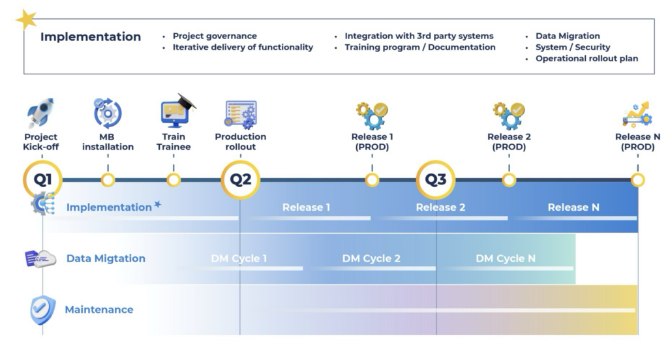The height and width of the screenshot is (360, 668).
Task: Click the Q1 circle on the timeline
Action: (x=42, y=180)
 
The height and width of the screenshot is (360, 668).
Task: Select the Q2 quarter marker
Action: (x=240, y=180)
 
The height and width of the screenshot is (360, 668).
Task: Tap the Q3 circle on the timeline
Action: (x=435, y=180)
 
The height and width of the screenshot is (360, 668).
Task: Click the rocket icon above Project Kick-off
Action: (x=40, y=113)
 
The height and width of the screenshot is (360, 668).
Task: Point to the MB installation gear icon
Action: (x=108, y=113)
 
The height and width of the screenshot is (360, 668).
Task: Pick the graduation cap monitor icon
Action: (x=177, y=111)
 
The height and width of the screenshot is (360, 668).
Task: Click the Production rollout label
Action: (x=240, y=142)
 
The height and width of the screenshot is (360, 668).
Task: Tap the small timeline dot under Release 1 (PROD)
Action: (x=372, y=180)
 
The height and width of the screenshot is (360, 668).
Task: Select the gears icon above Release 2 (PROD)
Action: (x=509, y=115)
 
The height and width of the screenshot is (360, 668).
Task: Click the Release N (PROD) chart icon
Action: (x=637, y=115)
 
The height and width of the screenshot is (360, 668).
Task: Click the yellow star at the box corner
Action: (x=26, y=20)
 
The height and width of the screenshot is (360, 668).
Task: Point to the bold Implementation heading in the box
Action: (x=90, y=37)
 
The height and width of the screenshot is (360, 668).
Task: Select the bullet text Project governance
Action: (x=215, y=36)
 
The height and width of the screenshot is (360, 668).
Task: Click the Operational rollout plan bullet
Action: (x=586, y=58)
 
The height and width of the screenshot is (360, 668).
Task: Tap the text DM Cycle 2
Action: (x=371, y=259)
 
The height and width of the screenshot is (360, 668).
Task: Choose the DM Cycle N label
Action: (x=506, y=259)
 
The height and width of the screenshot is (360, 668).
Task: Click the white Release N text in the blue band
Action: (x=573, y=207)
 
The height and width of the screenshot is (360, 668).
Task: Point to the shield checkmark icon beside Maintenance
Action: (x=43, y=310)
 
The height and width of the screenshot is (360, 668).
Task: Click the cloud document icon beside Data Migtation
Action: (x=40, y=259)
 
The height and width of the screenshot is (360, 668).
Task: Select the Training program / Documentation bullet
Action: (x=420, y=48)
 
